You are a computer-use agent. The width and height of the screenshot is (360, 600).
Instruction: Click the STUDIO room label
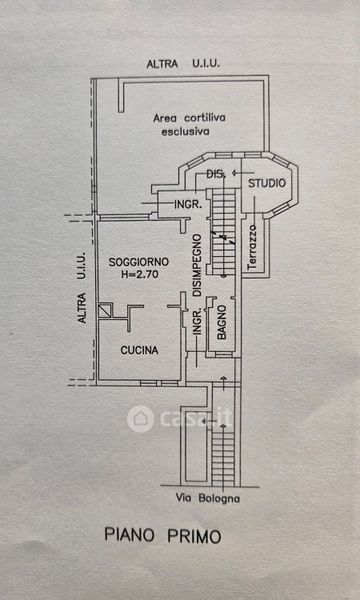click(267, 183)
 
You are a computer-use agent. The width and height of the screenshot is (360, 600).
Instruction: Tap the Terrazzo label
click(252, 247)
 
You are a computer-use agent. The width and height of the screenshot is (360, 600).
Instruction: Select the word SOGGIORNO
click(139, 262)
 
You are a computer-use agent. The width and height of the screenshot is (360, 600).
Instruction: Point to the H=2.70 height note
click(139, 274)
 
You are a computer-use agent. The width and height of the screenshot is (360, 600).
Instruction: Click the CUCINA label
click(139, 350)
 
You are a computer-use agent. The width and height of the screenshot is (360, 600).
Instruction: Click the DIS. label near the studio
click(215, 174)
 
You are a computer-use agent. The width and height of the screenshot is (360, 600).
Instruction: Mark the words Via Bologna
click(208, 499)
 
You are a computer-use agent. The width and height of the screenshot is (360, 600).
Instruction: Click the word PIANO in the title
click(129, 535)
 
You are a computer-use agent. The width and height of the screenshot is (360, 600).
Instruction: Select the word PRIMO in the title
click(194, 536)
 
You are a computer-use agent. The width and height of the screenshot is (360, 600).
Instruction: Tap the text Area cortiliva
click(189, 118)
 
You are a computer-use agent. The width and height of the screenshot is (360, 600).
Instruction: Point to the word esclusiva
click(186, 132)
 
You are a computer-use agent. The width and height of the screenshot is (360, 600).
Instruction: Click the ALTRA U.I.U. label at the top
click(183, 64)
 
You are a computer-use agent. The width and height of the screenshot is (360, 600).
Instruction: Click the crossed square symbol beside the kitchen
click(105, 311)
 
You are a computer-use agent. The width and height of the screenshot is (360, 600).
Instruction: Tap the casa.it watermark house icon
click(140, 419)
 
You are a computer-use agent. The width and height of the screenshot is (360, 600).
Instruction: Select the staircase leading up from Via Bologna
click(223, 456)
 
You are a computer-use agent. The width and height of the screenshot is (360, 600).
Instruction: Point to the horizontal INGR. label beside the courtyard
click(188, 205)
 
